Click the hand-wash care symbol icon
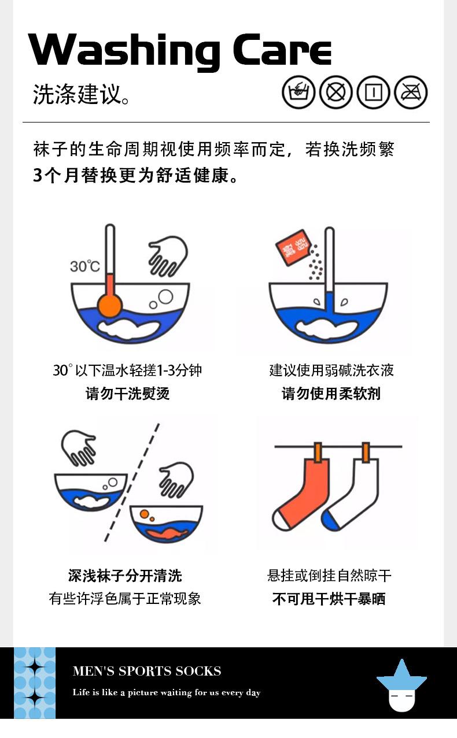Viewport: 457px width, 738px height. click(298, 92)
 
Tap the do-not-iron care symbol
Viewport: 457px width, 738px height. click(411, 92)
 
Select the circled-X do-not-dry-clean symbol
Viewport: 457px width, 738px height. click(336, 92)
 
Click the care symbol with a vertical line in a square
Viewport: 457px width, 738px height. click(374, 92)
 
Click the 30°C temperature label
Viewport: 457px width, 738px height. click(84, 266)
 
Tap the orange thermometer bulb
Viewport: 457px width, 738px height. click(110, 306)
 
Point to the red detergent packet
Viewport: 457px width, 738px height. click(293, 248)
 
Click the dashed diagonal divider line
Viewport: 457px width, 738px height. click(132, 482)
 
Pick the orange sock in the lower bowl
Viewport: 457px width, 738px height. click(167, 533)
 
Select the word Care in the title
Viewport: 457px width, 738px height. click(282, 50)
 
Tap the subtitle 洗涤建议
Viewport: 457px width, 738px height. click(77, 94)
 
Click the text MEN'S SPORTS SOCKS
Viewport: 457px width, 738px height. click(147, 671)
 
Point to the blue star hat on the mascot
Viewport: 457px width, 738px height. click(401, 675)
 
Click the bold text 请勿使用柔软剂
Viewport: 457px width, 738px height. click(331, 394)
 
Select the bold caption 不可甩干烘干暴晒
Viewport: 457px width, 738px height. click(329, 599)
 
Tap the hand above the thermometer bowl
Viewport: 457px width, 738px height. click(168, 256)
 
